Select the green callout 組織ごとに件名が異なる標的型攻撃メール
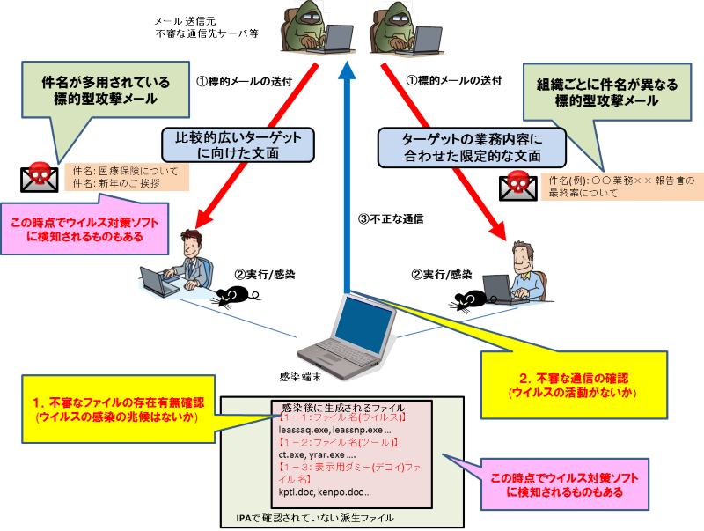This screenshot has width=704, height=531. point(605,94)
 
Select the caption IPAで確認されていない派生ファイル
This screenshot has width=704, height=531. point(314,518)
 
